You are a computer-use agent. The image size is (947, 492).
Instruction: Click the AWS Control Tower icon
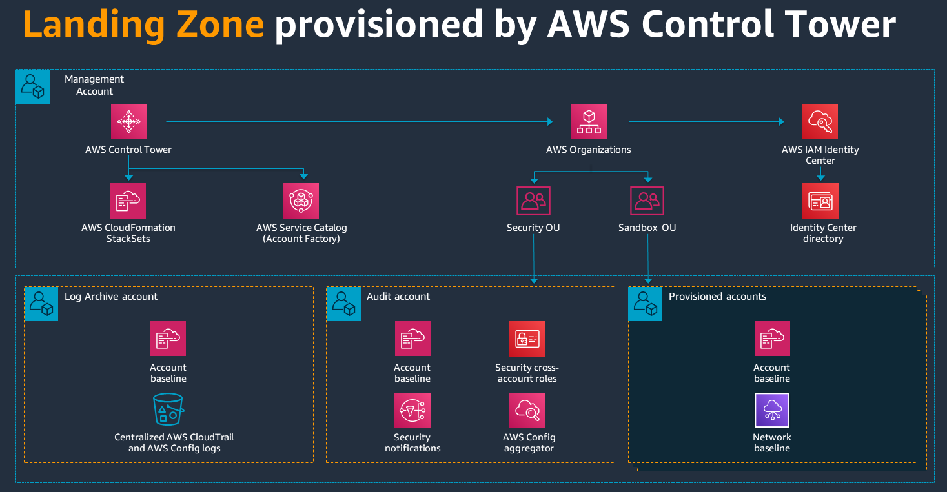(128, 121)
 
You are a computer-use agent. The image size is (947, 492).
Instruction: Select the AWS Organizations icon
(589, 121)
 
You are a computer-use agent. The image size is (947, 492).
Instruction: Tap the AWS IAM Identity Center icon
(820, 121)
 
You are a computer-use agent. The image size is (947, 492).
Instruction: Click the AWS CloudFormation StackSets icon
(128, 201)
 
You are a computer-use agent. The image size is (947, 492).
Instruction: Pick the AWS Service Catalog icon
(301, 201)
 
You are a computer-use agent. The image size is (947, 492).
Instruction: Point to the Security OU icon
(533, 201)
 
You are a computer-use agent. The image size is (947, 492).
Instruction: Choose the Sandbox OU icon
(647, 201)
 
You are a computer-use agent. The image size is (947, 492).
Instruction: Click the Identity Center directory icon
(820, 201)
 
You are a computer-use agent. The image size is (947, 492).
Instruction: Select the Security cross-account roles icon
(527, 339)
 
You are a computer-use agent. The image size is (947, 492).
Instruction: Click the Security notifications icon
(412, 410)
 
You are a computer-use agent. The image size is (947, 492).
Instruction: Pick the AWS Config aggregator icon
(527, 410)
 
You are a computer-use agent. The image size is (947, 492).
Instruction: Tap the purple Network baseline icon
(772, 410)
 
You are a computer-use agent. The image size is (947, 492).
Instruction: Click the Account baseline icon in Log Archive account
(168, 339)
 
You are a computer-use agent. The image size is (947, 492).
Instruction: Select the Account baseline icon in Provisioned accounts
(772, 339)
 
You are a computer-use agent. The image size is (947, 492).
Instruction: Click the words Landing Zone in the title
(143, 25)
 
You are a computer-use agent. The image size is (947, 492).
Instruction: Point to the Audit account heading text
(398, 297)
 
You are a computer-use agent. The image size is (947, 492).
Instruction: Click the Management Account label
(94, 85)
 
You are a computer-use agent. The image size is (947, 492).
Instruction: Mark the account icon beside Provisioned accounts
(645, 304)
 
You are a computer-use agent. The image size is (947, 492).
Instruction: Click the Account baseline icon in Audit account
(412, 339)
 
